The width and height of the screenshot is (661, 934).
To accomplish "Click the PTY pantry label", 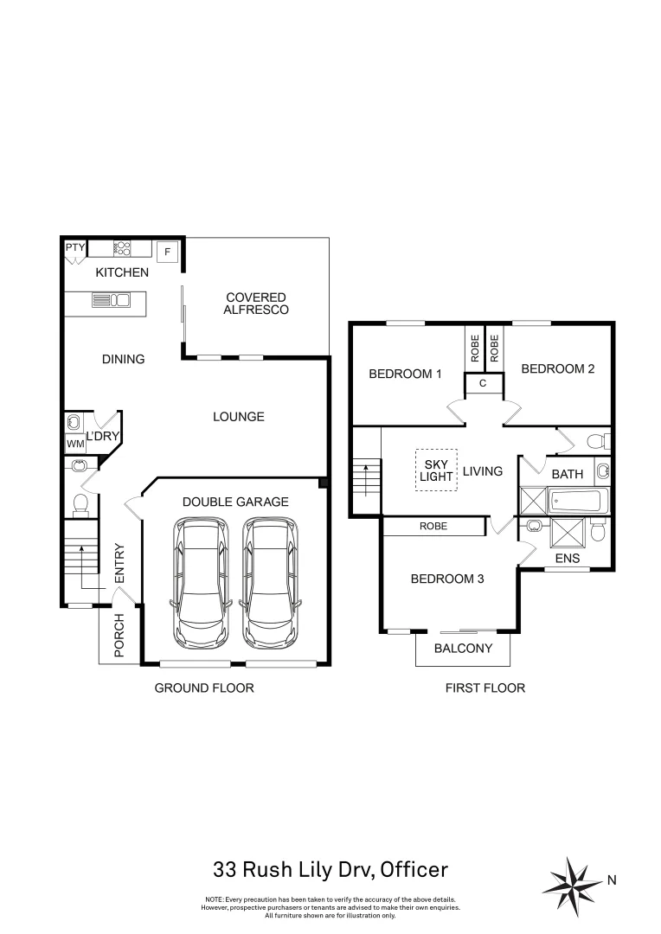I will pyautogui.click(x=75, y=247).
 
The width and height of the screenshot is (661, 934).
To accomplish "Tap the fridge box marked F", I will pyautogui.click(x=168, y=251).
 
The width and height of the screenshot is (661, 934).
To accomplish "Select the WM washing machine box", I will pyautogui.click(x=74, y=444).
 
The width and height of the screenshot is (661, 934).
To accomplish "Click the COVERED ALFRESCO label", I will pyautogui.click(x=255, y=304).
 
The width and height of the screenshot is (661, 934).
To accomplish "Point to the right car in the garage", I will pyautogui.click(x=271, y=582).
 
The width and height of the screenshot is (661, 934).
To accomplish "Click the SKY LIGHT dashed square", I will pyautogui.click(x=436, y=470).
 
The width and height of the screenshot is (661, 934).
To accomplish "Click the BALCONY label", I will pyautogui.click(x=463, y=649).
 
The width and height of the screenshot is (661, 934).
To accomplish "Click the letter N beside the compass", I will pyautogui.click(x=612, y=881).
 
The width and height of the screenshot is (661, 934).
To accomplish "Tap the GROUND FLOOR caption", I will pyautogui.click(x=203, y=688).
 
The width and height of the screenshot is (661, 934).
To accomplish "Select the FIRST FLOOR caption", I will pyautogui.click(x=485, y=688).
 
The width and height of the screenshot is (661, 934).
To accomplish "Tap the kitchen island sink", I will pyautogui.click(x=111, y=300).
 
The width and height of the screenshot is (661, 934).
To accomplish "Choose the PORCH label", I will pyautogui.click(x=119, y=635).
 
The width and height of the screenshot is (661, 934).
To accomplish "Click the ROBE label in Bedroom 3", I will pyautogui.click(x=433, y=526).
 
